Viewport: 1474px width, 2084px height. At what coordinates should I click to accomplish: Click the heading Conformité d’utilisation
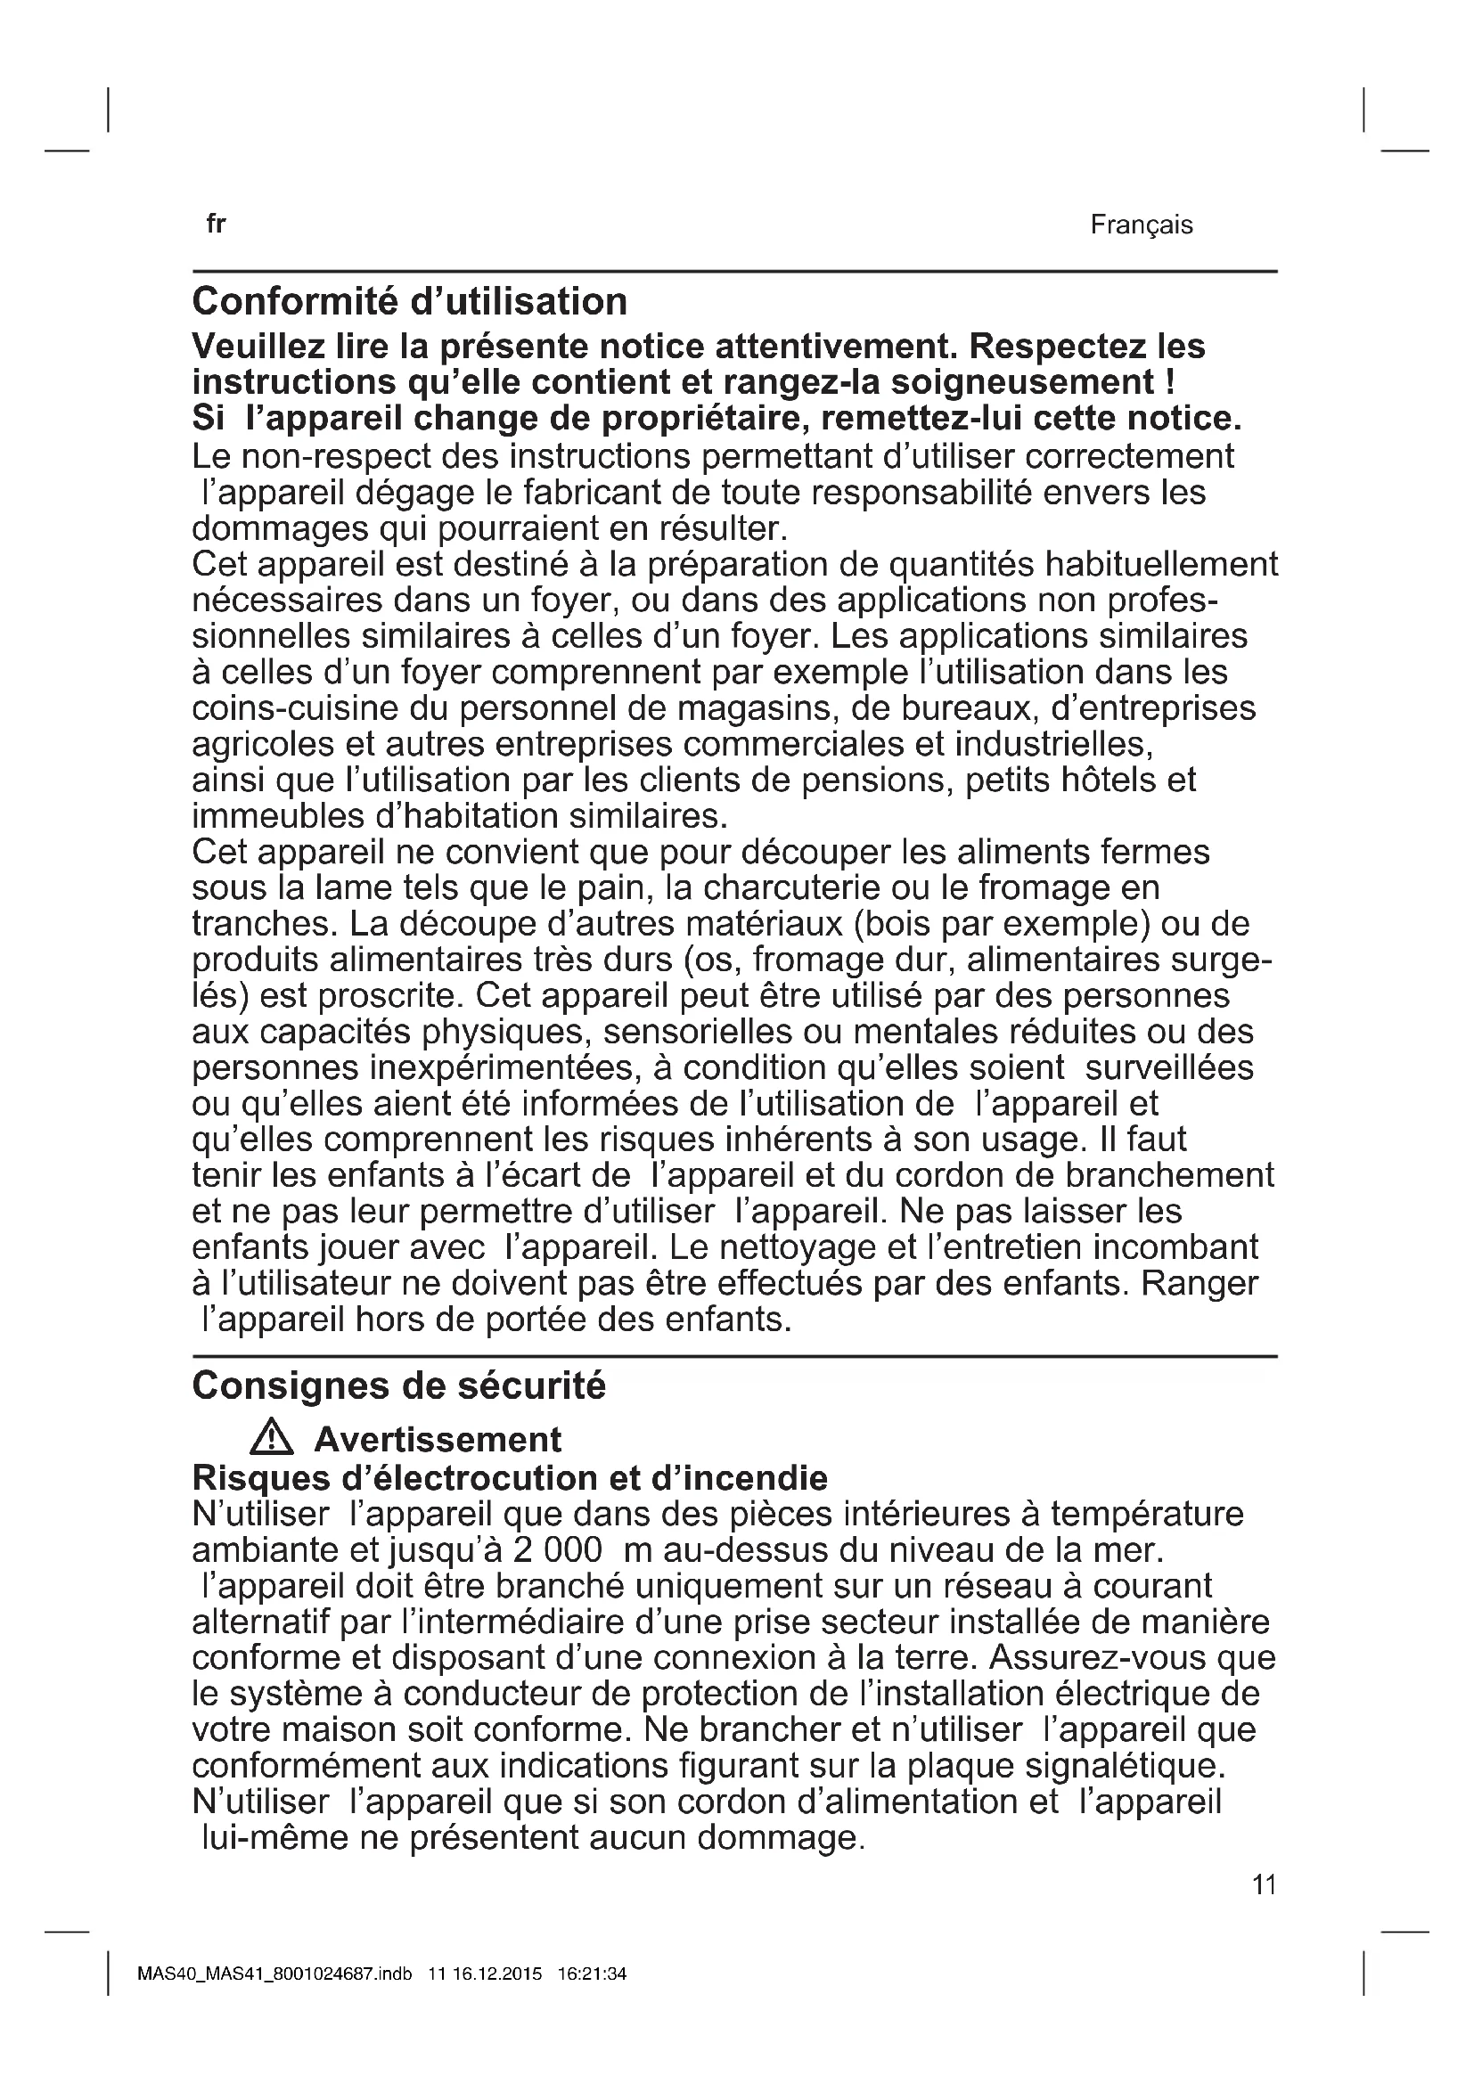pos(409,302)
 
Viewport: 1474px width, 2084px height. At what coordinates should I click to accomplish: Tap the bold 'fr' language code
pos(215,225)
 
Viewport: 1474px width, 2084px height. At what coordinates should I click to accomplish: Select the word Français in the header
pos(1141,225)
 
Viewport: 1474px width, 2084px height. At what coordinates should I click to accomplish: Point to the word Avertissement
pos(438,1440)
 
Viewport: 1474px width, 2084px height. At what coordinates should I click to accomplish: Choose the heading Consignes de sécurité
pos(398,1386)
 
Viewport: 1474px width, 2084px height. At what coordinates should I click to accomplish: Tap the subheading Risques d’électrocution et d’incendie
pos(510,1479)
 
